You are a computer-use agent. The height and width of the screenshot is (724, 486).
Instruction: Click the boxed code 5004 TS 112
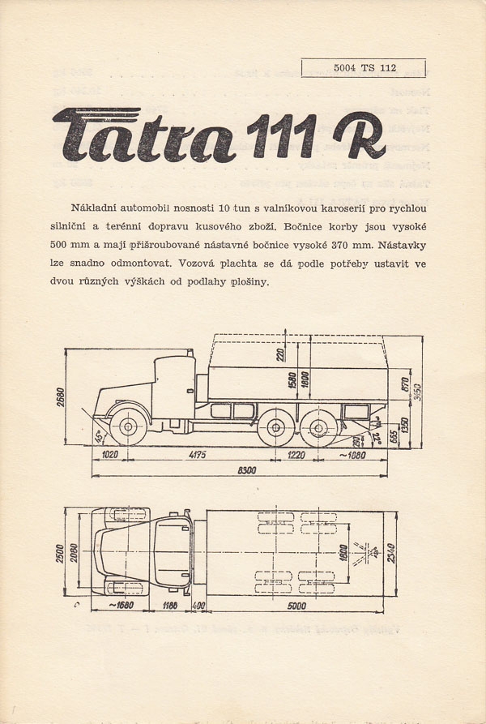pyautogui.click(x=364, y=68)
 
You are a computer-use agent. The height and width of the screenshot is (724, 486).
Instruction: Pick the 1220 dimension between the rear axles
pyautogui.click(x=297, y=456)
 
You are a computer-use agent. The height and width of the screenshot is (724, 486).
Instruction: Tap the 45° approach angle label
pyautogui.click(x=98, y=439)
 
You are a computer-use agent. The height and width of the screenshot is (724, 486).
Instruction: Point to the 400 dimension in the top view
pyautogui.click(x=198, y=606)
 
